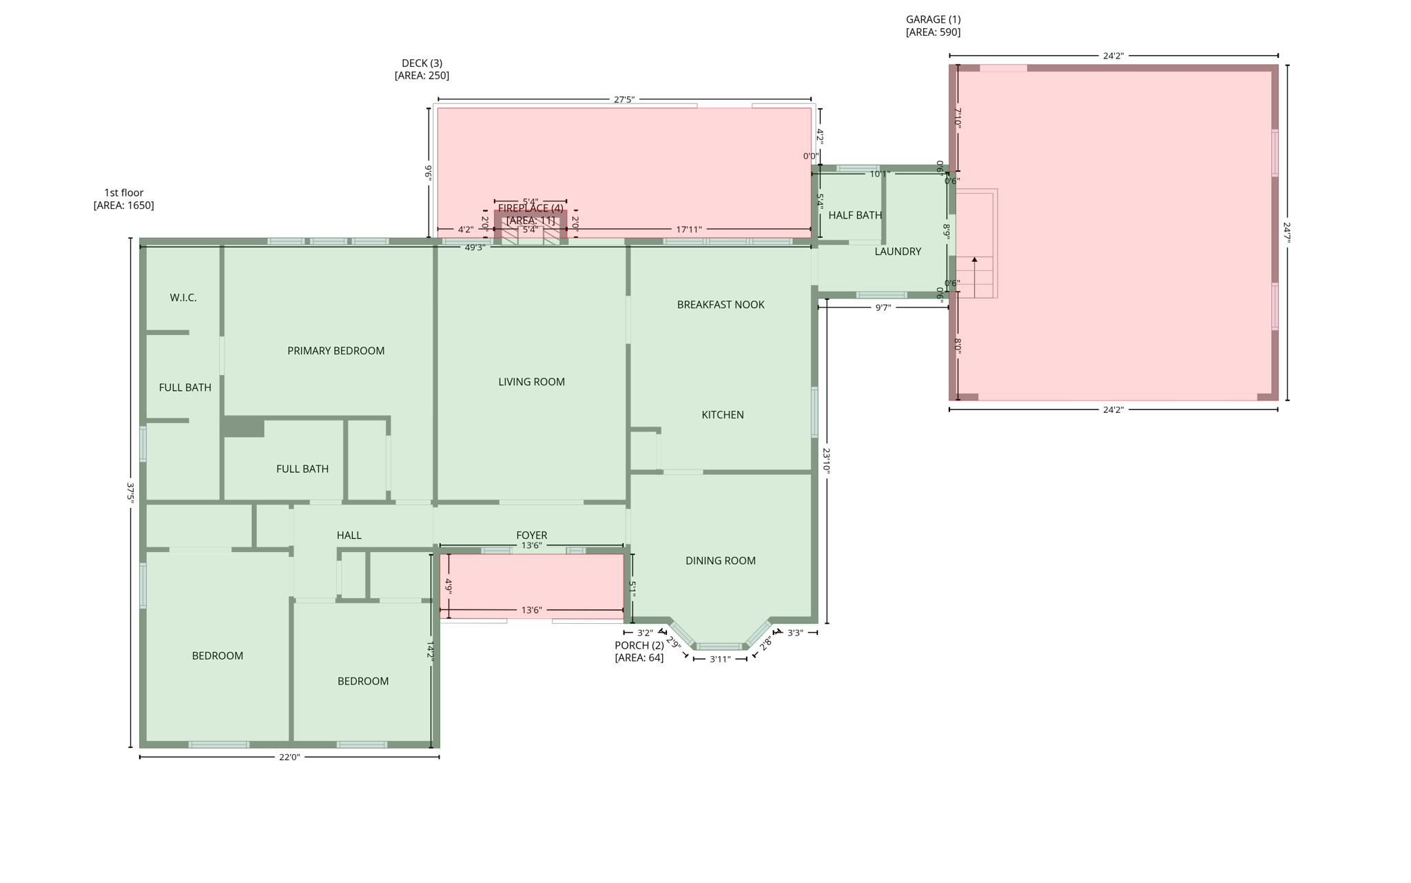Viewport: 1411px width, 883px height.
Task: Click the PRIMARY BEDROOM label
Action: [336, 351]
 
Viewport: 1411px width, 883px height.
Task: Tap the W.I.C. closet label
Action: [183, 298]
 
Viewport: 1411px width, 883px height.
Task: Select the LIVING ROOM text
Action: [531, 382]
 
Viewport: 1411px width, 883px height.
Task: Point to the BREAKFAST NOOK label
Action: [721, 305]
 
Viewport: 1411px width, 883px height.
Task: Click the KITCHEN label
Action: [722, 415]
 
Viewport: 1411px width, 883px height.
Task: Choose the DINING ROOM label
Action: [720, 561]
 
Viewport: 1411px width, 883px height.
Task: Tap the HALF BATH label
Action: [854, 216]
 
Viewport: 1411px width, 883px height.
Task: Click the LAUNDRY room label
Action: [897, 252]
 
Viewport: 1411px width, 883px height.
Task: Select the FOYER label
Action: [531, 535]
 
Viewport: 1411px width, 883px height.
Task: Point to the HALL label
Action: [349, 536]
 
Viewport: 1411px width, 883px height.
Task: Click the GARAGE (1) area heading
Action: [933, 20]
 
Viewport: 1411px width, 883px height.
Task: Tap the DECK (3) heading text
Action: [422, 63]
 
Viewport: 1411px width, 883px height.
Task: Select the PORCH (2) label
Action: [639, 646]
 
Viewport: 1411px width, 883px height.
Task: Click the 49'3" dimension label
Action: [475, 247]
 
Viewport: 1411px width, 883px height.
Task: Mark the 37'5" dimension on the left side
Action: [130, 492]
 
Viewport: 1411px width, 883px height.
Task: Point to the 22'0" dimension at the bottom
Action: [289, 758]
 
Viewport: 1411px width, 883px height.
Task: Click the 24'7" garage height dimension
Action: [1286, 232]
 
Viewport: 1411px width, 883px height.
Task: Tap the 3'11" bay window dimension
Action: [720, 660]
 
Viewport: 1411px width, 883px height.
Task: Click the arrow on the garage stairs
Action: [974, 261]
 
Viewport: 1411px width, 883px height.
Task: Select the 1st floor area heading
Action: [124, 193]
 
